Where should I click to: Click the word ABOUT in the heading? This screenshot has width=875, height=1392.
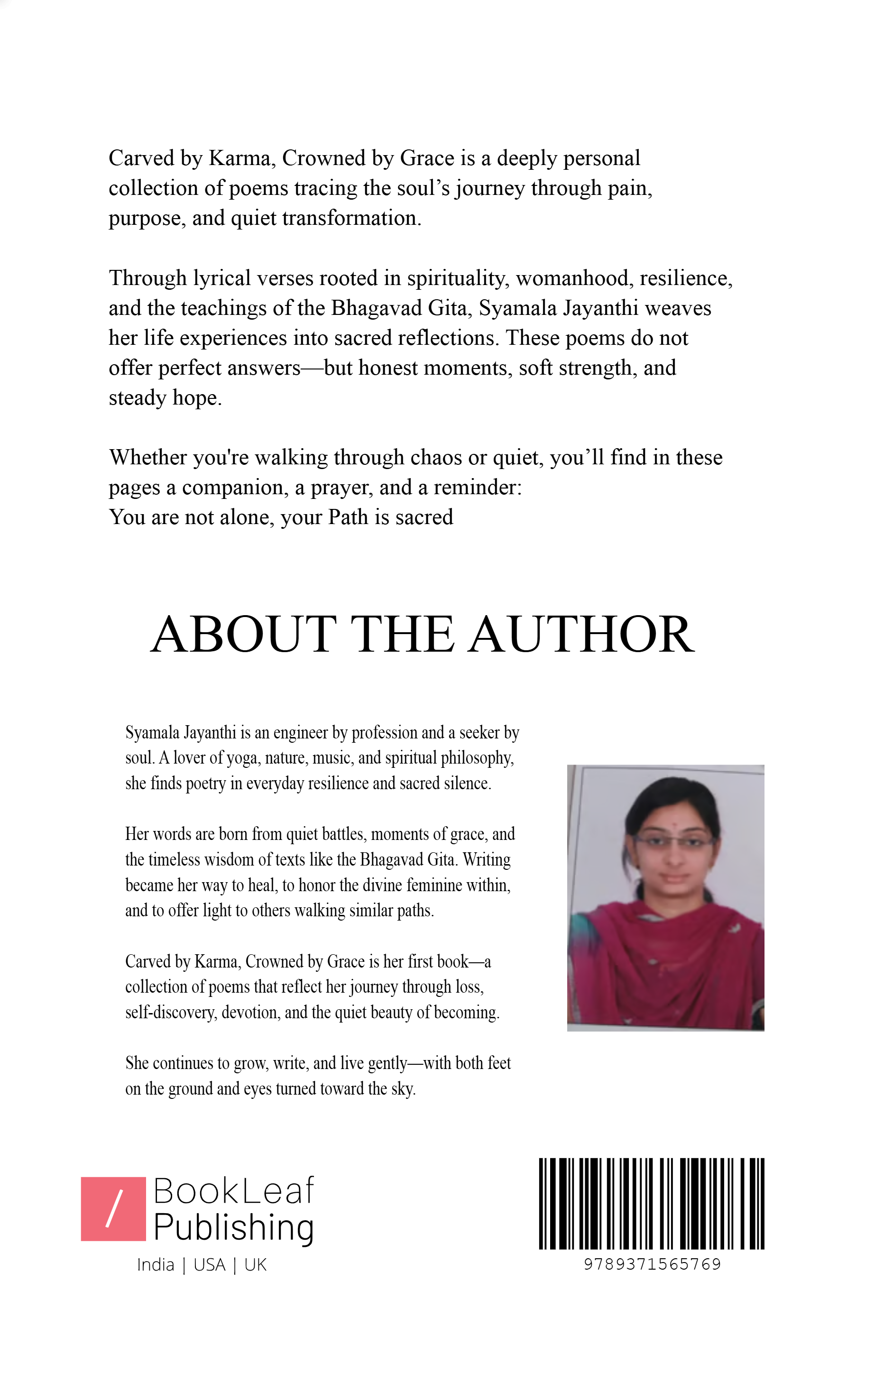click(243, 634)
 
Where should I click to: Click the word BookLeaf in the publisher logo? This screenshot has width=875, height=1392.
click(233, 1191)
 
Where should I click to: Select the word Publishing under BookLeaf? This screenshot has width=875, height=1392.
click(233, 1228)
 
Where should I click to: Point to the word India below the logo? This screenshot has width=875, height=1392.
click(156, 1265)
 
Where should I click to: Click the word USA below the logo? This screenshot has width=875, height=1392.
click(209, 1265)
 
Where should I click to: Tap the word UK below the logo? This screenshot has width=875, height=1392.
click(256, 1265)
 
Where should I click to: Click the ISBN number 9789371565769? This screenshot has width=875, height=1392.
click(652, 1265)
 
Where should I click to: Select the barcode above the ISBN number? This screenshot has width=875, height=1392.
click(651, 1204)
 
